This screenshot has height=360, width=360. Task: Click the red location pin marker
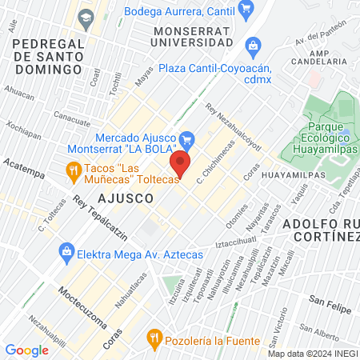181,166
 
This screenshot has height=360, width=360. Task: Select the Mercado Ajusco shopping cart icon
187,139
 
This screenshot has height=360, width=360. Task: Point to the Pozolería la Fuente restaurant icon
154,340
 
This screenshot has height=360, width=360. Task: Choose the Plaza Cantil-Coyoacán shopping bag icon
254,45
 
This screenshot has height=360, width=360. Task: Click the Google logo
26,350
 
